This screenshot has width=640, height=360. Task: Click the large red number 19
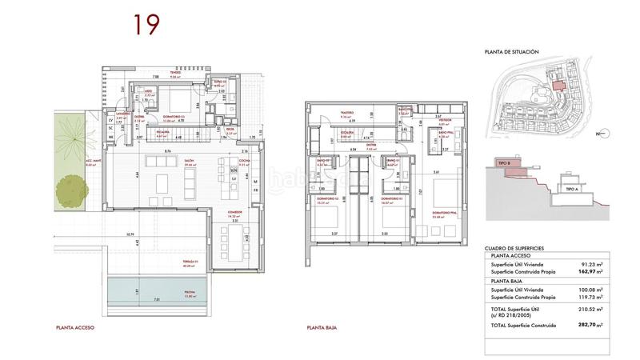click(x=144, y=25)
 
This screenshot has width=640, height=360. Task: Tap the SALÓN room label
click(x=190, y=161)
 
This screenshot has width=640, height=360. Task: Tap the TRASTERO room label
click(x=346, y=113)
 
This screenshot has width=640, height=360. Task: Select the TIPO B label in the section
click(x=504, y=163)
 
